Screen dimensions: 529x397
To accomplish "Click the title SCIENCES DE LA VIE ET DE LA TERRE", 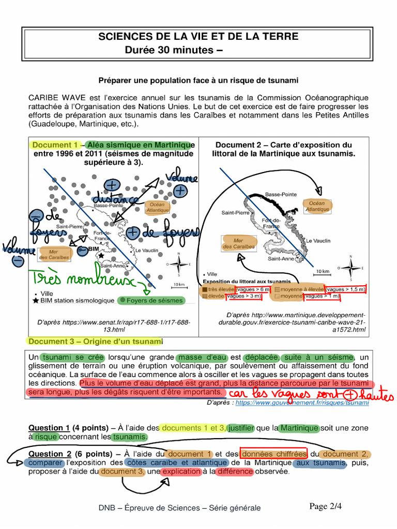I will point(198,37).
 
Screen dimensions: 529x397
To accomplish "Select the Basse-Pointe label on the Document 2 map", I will point(281,194).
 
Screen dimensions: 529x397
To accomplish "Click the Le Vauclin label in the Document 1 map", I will point(146,251).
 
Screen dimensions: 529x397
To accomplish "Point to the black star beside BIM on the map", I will point(102,255).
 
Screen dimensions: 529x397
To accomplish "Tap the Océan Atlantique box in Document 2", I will point(317,206).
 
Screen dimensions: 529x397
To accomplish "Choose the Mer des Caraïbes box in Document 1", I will point(54,254).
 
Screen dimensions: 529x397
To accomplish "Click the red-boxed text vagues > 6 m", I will point(253,289).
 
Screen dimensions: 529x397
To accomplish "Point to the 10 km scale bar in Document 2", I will point(323,272).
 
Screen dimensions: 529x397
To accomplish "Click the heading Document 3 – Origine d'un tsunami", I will point(95,341).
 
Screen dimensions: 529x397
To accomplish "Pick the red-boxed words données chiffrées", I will point(274,454).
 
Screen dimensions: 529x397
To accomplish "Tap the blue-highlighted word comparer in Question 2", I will point(45,463).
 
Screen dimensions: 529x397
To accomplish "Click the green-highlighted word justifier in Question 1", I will point(241,428).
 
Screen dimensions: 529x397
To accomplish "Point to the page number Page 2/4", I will point(326,506).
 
